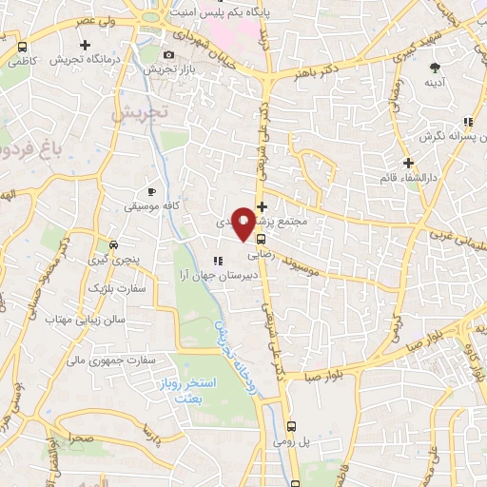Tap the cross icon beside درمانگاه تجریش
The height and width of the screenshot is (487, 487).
click(86, 45)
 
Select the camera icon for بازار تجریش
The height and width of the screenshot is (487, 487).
click(169, 54)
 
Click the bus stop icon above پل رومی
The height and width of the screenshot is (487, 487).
click(293, 427)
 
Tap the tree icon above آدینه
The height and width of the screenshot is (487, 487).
click(435, 68)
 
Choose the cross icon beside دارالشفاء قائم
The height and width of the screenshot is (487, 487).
click(408, 163)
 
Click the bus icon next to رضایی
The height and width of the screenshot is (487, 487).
click(261, 241)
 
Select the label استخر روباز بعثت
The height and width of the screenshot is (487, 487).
click(203, 390)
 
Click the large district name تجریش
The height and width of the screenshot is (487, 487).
click(139, 111)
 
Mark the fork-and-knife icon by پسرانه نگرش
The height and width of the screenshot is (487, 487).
click(468, 122)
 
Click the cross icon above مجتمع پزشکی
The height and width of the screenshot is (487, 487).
click(263, 205)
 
